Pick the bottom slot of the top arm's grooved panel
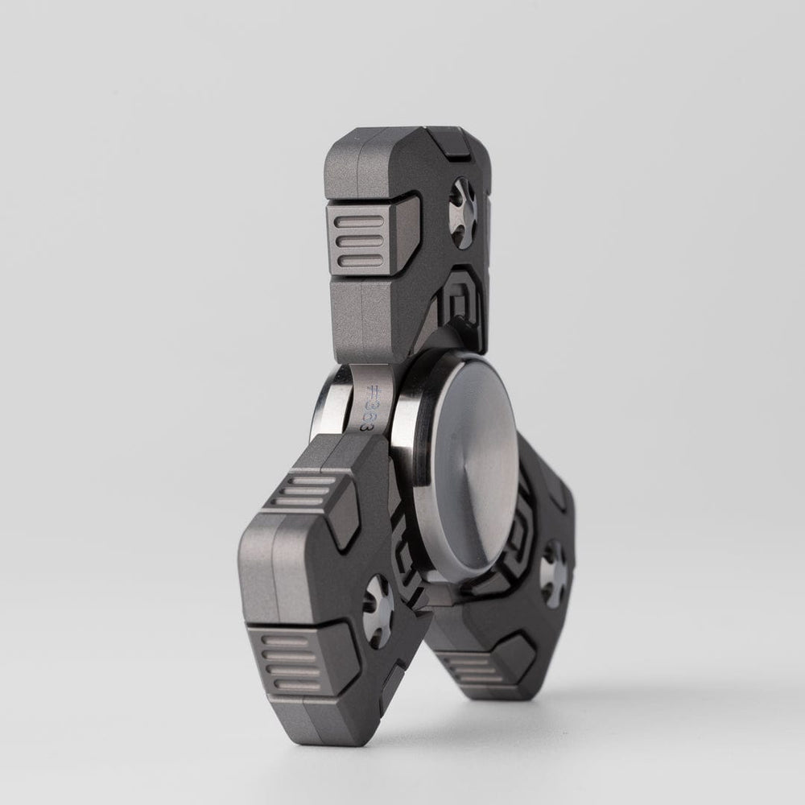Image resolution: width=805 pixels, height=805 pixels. [361, 258]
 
